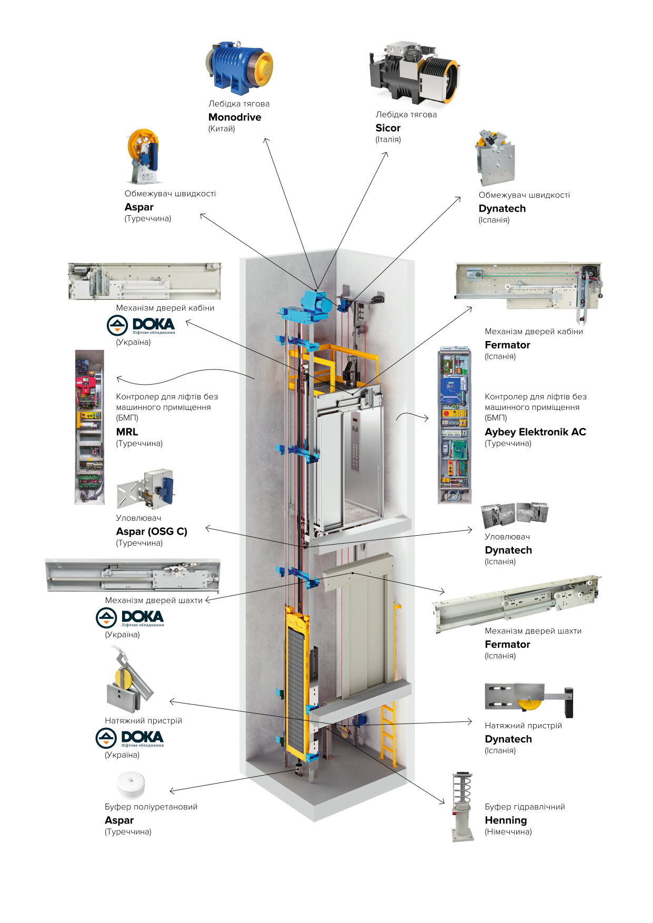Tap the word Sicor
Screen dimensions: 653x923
pos(388,128)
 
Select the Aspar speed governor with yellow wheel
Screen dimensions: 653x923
pos(143,156)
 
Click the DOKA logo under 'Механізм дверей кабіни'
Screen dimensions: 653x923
pos(141,325)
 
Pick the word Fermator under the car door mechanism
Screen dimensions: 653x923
pos(507,345)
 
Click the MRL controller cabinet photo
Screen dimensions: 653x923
pos(89,427)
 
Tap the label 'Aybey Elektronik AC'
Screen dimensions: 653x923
pos(535,432)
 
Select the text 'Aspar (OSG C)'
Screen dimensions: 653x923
pos(152,531)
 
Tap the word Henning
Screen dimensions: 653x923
pos(506,820)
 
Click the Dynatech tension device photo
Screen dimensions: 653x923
pos(529,700)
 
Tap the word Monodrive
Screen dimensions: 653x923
pos(235,117)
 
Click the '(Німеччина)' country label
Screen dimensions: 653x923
pos(508,832)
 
